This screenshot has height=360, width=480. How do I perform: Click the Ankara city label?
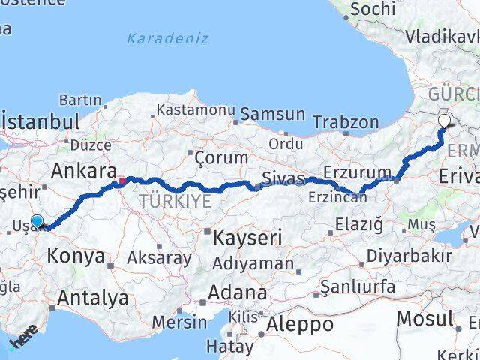[x=79, y=170]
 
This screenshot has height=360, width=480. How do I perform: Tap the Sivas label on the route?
[x=283, y=178]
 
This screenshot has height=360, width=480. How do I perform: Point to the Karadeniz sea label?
[x=167, y=38]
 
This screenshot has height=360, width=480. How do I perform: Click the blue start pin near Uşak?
[x=37, y=221]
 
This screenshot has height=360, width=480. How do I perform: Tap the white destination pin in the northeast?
[x=444, y=120]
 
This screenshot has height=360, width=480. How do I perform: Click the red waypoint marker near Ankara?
[x=122, y=180]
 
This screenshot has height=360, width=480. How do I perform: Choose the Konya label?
[x=76, y=256]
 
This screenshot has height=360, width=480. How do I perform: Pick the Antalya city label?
[x=93, y=298]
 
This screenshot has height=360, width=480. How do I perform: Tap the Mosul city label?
[x=424, y=317]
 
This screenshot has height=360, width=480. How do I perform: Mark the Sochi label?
[x=372, y=9]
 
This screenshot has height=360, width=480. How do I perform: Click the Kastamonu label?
[x=196, y=109]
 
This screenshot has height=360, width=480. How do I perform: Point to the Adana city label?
[x=238, y=292]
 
